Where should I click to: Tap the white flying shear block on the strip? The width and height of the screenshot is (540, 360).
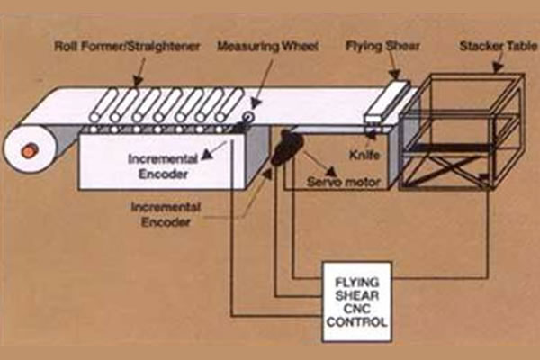386,103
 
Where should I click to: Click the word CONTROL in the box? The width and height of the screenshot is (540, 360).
357,321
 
